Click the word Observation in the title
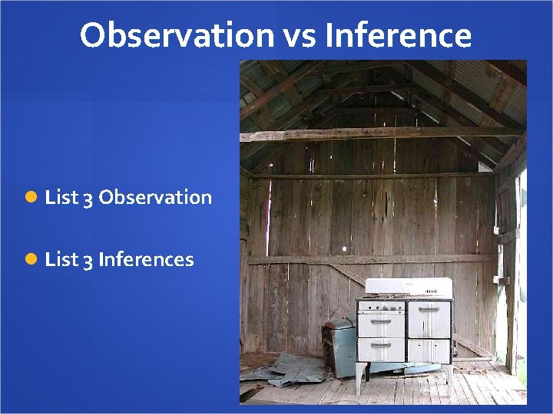(x=176, y=35)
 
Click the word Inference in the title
(x=398, y=35)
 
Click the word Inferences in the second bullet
(x=146, y=260)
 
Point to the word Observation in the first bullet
(x=155, y=198)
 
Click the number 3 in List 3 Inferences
(x=88, y=260)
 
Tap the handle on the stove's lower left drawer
(x=382, y=344)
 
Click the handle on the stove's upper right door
(x=429, y=308)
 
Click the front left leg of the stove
(x=359, y=379)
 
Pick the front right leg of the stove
(x=449, y=376)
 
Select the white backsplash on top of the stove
(x=408, y=287)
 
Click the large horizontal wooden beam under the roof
(x=369, y=134)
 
